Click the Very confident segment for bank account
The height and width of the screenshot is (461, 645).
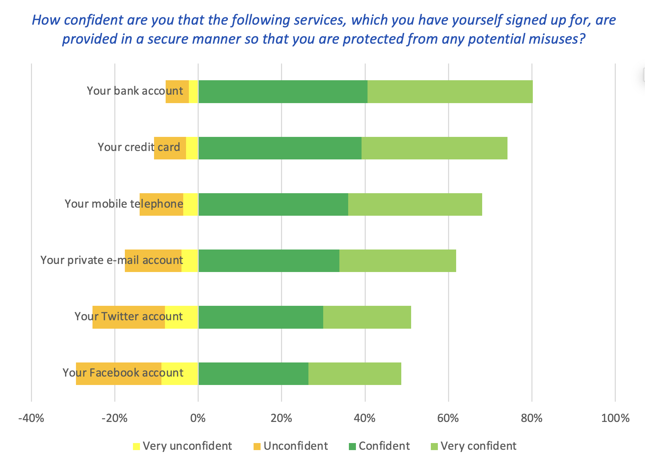point(450,91)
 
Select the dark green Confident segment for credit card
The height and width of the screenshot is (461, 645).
point(280,148)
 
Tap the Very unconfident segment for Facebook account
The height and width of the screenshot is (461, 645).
point(180,373)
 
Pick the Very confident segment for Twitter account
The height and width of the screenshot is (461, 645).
point(367,317)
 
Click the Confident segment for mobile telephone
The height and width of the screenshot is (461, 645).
point(273,204)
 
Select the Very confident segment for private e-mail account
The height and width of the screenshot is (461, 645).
point(397,261)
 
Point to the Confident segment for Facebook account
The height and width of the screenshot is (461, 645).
point(253,373)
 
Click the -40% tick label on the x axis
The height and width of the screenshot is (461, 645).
point(31,418)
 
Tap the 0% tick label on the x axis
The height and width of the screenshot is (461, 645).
point(198,418)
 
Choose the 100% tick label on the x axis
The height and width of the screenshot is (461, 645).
point(615,418)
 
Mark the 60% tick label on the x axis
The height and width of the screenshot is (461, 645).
point(448,418)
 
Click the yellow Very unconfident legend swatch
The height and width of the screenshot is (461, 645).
point(136,447)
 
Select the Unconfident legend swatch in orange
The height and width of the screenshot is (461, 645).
point(257,447)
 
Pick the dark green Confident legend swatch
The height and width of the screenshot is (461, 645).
point(352,447)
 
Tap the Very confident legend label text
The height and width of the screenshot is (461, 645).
point(478,446)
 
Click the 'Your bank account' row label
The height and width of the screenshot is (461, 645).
point(135,91)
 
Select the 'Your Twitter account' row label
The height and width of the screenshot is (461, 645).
point(129,316)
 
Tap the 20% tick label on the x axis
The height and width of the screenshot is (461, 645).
point(281,418)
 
